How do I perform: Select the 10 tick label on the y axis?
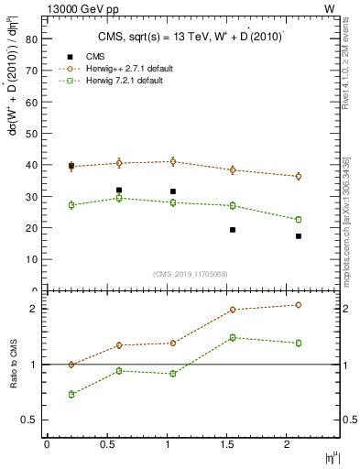click(x=30, y=259)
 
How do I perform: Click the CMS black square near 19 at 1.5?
click(x=233, y=230)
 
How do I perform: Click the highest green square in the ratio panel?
click(x=233, y=337)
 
